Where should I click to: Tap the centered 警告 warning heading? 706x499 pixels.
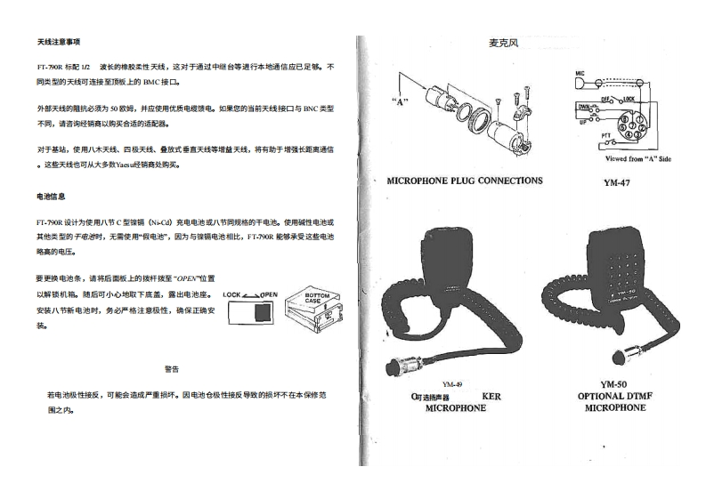point(172,368)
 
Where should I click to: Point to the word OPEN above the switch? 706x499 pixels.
point(269,294)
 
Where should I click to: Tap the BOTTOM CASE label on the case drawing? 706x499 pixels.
point(318,298)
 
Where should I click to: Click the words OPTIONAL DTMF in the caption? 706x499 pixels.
point(615,397)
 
